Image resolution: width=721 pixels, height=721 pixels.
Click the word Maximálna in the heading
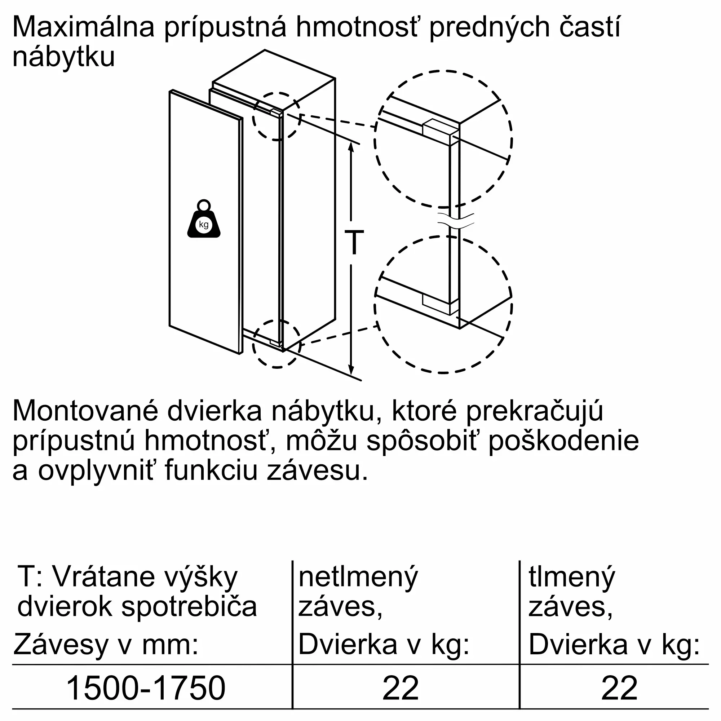[83, 27]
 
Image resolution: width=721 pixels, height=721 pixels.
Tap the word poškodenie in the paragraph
[563, 441]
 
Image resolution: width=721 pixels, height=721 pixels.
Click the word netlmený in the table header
[358, 577]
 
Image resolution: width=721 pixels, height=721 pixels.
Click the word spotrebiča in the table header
[189, 607]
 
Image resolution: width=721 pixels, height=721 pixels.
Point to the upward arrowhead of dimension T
[351, 146]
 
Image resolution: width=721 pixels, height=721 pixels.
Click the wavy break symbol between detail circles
[456, 221]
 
